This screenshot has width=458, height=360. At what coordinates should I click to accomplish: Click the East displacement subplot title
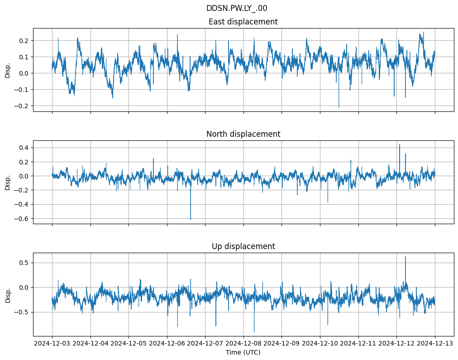coord(243,22)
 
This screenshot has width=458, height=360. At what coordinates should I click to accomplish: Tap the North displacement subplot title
coord(243,134)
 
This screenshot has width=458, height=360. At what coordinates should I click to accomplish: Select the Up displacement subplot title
coord(243,246)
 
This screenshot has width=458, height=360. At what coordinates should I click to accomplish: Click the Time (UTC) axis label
coord(243,352)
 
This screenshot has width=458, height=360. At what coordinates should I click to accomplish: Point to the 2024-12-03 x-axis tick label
coord(52,344)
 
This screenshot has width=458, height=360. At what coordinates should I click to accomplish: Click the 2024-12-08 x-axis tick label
coord(243,344)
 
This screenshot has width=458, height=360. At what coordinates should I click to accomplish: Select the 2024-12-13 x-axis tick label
coord(435,344)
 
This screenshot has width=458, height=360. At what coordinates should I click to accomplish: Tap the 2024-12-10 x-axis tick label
coord(320,344)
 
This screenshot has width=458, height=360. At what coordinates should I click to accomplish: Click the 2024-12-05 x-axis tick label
coord(129,344)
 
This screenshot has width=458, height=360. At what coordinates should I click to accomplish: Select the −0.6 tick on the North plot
coord(22,219)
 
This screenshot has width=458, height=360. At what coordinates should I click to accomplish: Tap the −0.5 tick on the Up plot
coord(22,312)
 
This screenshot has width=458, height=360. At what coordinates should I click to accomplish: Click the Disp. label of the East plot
coord(8,70)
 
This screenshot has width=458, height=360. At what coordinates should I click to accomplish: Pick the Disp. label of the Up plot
coord(8,294)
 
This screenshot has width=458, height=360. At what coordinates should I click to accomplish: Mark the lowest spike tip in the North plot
coord(191,220)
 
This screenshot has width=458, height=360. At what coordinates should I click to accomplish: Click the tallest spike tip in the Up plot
coord(405,257)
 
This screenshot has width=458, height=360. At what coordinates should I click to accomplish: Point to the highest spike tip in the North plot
coord(399,144)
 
